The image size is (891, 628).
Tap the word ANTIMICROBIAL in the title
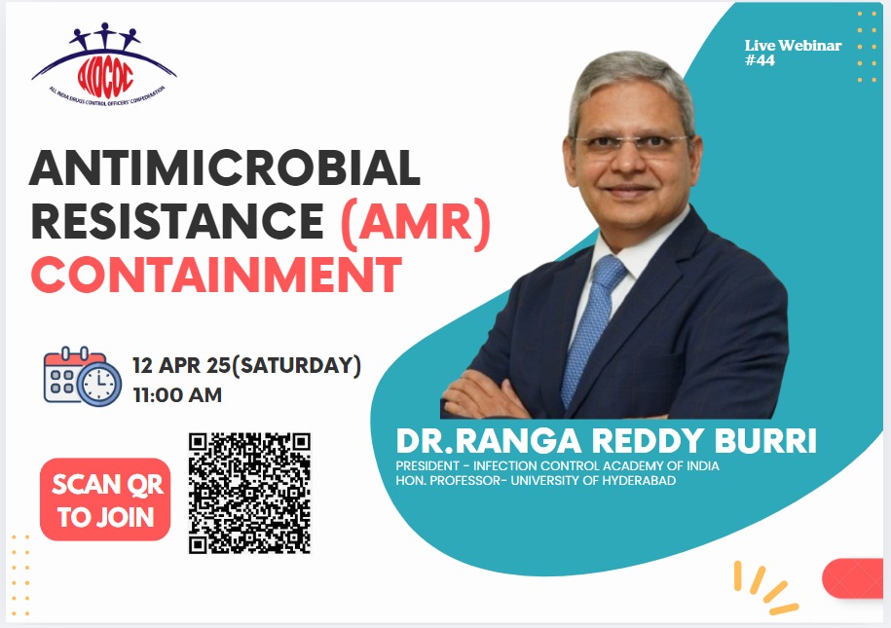[224, 169]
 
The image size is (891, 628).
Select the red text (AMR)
[414, 222]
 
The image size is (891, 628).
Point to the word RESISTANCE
[176, 222]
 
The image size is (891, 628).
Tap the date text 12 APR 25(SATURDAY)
[247, 366]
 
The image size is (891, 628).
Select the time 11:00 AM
[177, 395]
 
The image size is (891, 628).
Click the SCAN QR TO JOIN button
[105, 500]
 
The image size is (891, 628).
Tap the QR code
[248, 494]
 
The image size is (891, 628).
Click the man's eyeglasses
[629, 145]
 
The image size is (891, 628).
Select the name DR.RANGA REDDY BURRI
[606, 440]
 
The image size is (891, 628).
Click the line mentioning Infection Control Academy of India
[557, 465]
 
